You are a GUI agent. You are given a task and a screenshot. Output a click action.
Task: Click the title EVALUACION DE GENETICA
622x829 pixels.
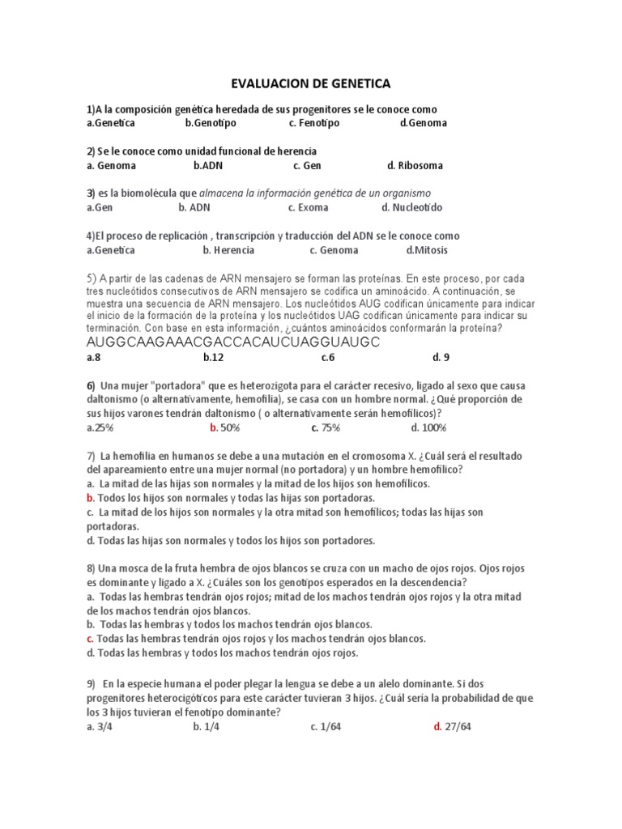tap(311, 83)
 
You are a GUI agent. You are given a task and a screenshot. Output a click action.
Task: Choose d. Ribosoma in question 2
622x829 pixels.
tap(415, 166)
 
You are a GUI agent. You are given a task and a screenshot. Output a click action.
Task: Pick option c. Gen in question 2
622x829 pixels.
tap(308, 166)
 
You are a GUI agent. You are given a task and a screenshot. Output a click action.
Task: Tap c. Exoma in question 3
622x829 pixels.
tap(308, 208)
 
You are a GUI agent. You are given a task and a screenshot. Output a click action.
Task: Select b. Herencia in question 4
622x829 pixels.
tap(207, 250)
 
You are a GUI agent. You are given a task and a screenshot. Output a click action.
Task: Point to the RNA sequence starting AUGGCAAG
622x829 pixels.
tap(233, 342)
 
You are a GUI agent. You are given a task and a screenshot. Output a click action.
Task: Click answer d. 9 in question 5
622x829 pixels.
tap(441, 356)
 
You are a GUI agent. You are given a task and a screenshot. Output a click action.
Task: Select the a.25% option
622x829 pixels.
tap(101, 427)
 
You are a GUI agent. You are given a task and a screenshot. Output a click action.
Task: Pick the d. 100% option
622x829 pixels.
tap(428, 427)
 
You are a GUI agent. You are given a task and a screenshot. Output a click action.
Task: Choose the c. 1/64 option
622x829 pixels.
tap(329, 727)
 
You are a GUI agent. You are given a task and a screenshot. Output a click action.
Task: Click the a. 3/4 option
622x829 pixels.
tap(99, 727)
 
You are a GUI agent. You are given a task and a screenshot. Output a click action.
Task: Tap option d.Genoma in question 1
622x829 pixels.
tap(424, 123)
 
